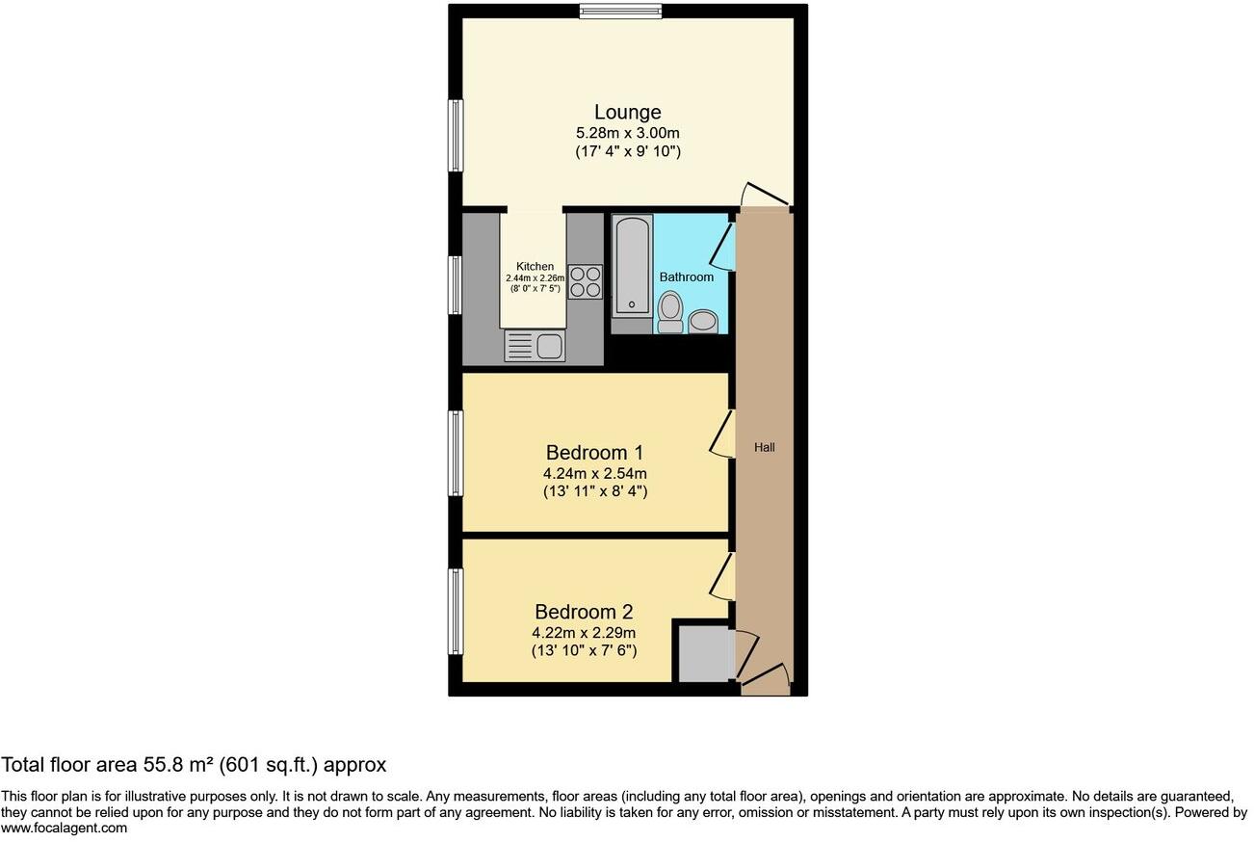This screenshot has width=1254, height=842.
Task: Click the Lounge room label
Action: tap(627, 113)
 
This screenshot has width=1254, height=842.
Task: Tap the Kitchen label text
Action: tap(535, 267)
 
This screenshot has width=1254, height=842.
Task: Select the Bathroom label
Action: tap(686, 277)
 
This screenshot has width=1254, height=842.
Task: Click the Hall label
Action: tap(764, 448)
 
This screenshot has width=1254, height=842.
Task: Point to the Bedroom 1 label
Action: tap(594, 453)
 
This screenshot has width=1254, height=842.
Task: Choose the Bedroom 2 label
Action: tap(584, 612)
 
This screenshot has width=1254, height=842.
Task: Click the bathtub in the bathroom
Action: tap(632, 266)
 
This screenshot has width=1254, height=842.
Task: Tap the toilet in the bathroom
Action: tap(670, 312)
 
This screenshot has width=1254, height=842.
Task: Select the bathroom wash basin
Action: tap(704, 321)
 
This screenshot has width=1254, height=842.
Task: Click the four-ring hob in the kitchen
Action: tap(585, 281)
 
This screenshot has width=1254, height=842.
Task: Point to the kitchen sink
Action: tap(536, 346)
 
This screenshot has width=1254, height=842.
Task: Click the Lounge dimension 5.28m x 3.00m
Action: tap(627, 133)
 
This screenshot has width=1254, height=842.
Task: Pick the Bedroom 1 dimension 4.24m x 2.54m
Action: tap(594, 473)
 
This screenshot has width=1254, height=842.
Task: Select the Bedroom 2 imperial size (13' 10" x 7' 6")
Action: tap(584, 651)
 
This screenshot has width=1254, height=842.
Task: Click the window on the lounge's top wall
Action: tap(620, 12)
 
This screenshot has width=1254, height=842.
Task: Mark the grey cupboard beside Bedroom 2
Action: tap(704, 654)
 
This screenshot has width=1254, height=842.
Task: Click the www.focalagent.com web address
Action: tap(64, 828)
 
